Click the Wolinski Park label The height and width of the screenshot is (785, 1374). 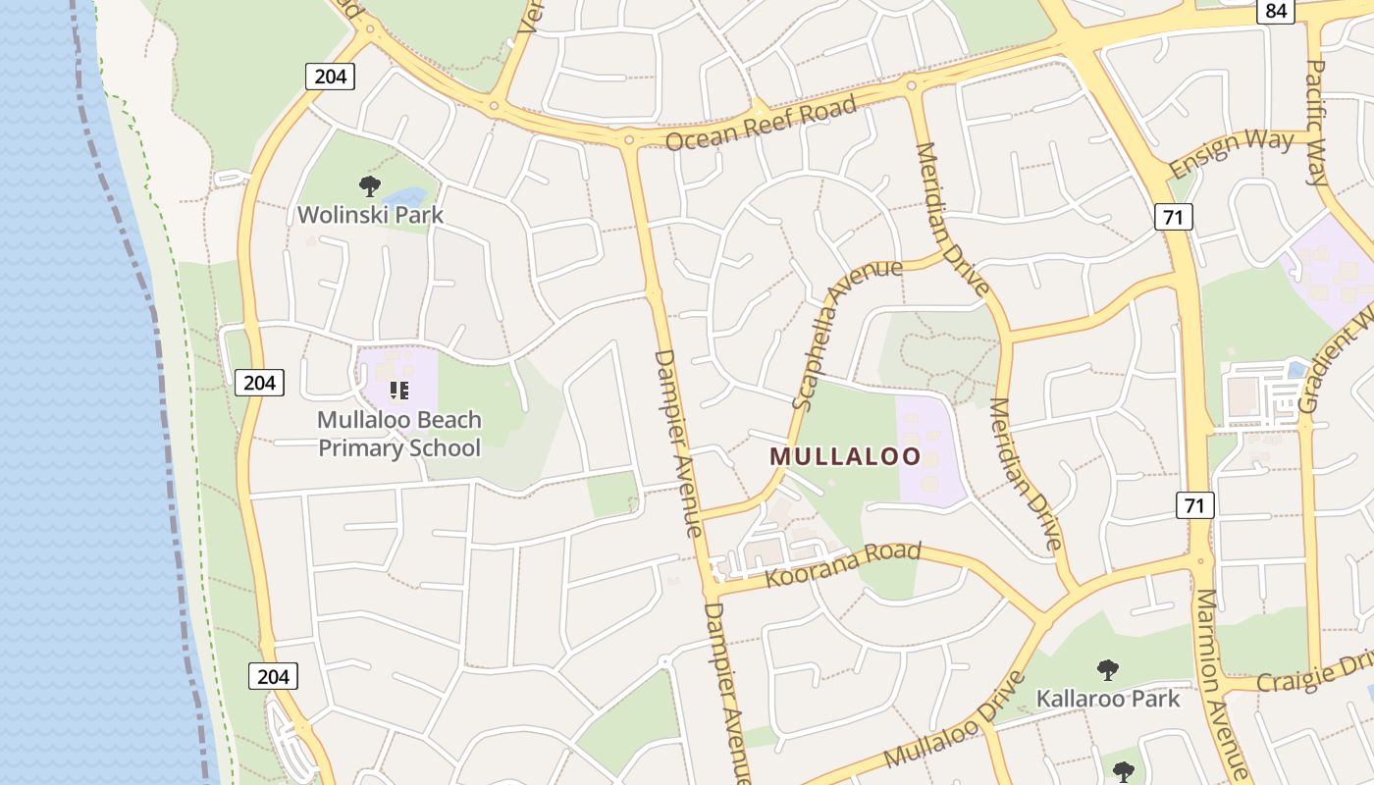click(371, 214)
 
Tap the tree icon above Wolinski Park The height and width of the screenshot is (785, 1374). click(369, 185)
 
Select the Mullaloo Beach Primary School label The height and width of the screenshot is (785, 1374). click(399, 434)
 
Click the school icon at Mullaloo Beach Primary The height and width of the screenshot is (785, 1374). click(398, 391)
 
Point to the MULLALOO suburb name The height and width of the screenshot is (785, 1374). click(845, 456)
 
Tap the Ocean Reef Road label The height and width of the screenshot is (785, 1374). click(761, 125)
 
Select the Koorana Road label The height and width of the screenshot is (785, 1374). click(843, 564)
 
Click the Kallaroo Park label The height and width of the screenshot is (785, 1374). click(1108, 699)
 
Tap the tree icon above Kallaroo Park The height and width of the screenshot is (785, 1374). click(1108, 671)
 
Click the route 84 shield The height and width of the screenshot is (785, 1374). click(1276, 11)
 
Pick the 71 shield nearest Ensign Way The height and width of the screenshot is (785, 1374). click(1174, 217)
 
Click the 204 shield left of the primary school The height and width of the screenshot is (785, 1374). click(259, 382)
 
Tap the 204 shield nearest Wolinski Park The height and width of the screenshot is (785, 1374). click(330, 76)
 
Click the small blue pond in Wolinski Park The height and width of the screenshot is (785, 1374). click(411, 196)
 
